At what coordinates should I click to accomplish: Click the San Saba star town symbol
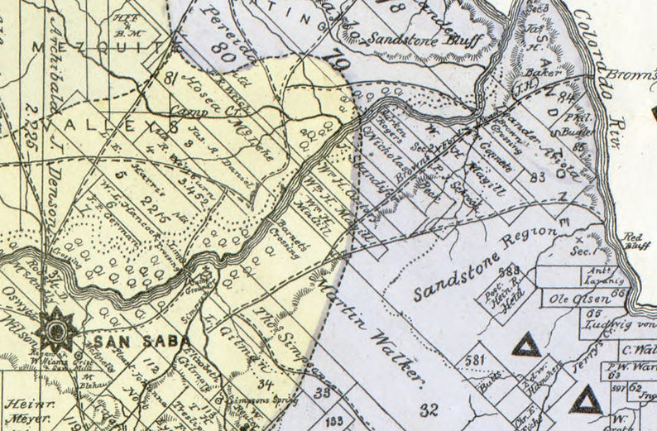(x=56, y=330)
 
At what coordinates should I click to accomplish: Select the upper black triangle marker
(x=525, y=344)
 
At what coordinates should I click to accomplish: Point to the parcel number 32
(x=428, y=409)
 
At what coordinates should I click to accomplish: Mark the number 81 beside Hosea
(x=170, y=79)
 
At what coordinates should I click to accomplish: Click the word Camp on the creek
(x=187, y=110)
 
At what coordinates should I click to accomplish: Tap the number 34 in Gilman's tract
(x=266, y=383)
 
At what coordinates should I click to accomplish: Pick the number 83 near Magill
(x=538, y=176)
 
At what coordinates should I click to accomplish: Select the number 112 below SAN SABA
(x=150, y=365)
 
